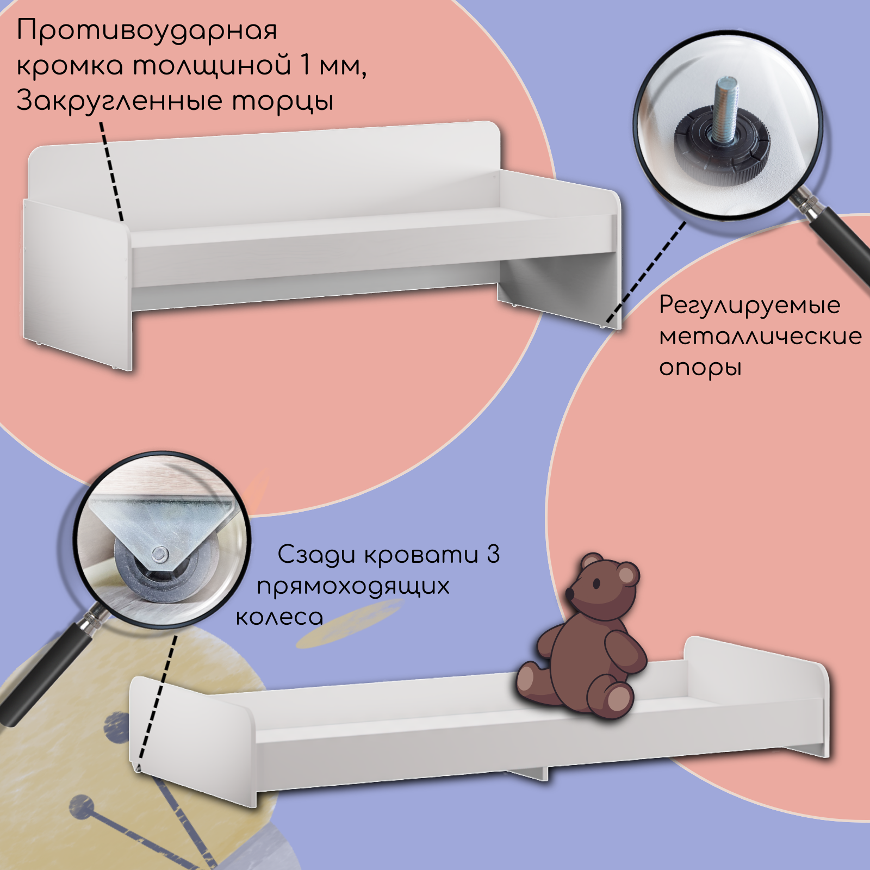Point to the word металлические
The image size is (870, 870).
click(760, 337)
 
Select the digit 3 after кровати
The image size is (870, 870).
click(493, 555)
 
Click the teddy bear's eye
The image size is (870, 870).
click(596, 584)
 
